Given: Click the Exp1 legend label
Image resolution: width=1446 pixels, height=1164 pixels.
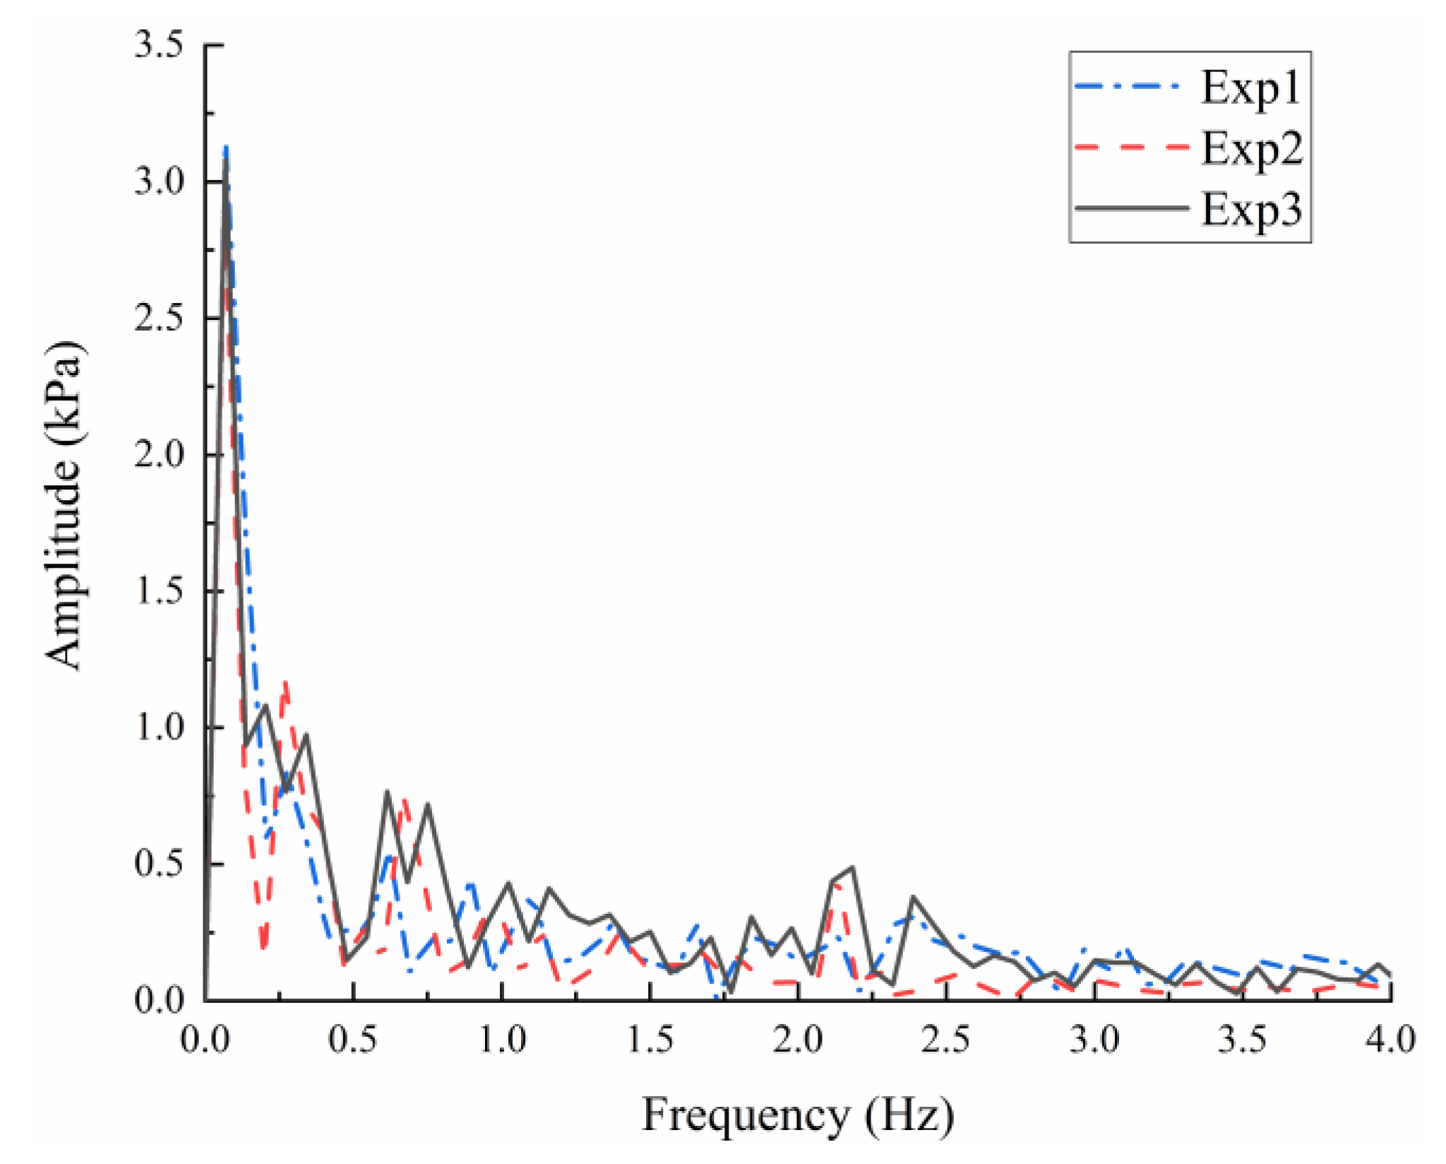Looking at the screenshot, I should point(1250,89).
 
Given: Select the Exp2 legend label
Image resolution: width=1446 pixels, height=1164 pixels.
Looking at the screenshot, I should point(1251,150).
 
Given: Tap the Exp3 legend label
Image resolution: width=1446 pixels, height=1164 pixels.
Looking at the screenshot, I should point(1251,210).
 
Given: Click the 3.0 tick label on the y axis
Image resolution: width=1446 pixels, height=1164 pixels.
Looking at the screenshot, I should point(159,182).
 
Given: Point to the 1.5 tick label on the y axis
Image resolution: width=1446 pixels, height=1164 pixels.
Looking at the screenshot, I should point(159,591).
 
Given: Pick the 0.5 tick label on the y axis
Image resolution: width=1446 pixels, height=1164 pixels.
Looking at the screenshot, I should point(159,864).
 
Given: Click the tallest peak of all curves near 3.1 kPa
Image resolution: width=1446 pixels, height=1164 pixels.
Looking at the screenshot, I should point(226,147).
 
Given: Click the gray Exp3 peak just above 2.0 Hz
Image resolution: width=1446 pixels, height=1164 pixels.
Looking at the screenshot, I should point(852,867).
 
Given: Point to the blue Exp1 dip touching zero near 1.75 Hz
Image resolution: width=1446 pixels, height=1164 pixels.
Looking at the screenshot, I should point(717,998).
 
